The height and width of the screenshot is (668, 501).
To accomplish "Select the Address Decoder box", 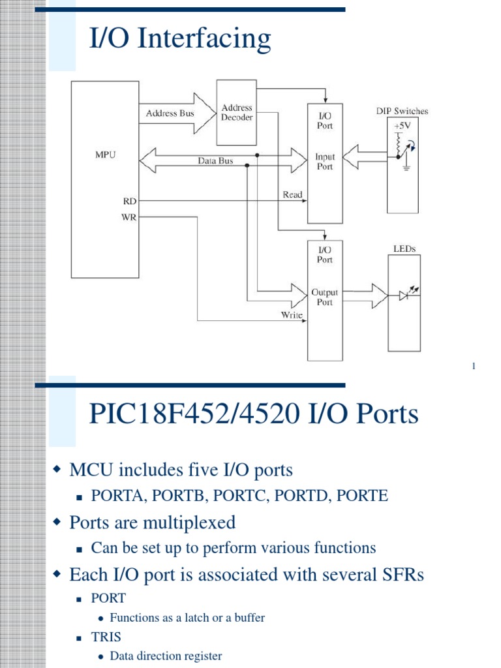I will click(237, 112).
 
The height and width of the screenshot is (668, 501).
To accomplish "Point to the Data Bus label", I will click(215, 160).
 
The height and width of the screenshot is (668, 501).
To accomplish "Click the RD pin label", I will click(129, 201).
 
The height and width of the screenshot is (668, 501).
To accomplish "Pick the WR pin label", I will click(129, 217).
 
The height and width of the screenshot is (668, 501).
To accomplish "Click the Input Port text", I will click(324, 162).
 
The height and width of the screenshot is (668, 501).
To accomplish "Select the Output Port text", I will click(324, 297).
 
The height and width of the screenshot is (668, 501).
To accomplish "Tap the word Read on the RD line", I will click(292, 195).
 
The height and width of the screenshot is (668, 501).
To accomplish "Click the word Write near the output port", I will click(292, 315).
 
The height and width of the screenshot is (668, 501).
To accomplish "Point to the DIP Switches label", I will click(402, 111).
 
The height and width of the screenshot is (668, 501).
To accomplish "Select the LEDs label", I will click(404, 249).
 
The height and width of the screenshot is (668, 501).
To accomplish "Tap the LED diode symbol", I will click(403, 296).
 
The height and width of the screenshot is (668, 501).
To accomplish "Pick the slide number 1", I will click(474, 367).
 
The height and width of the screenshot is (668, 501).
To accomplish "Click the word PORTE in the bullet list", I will click(363, 496).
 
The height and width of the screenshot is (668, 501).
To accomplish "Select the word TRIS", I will click(106, 636).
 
